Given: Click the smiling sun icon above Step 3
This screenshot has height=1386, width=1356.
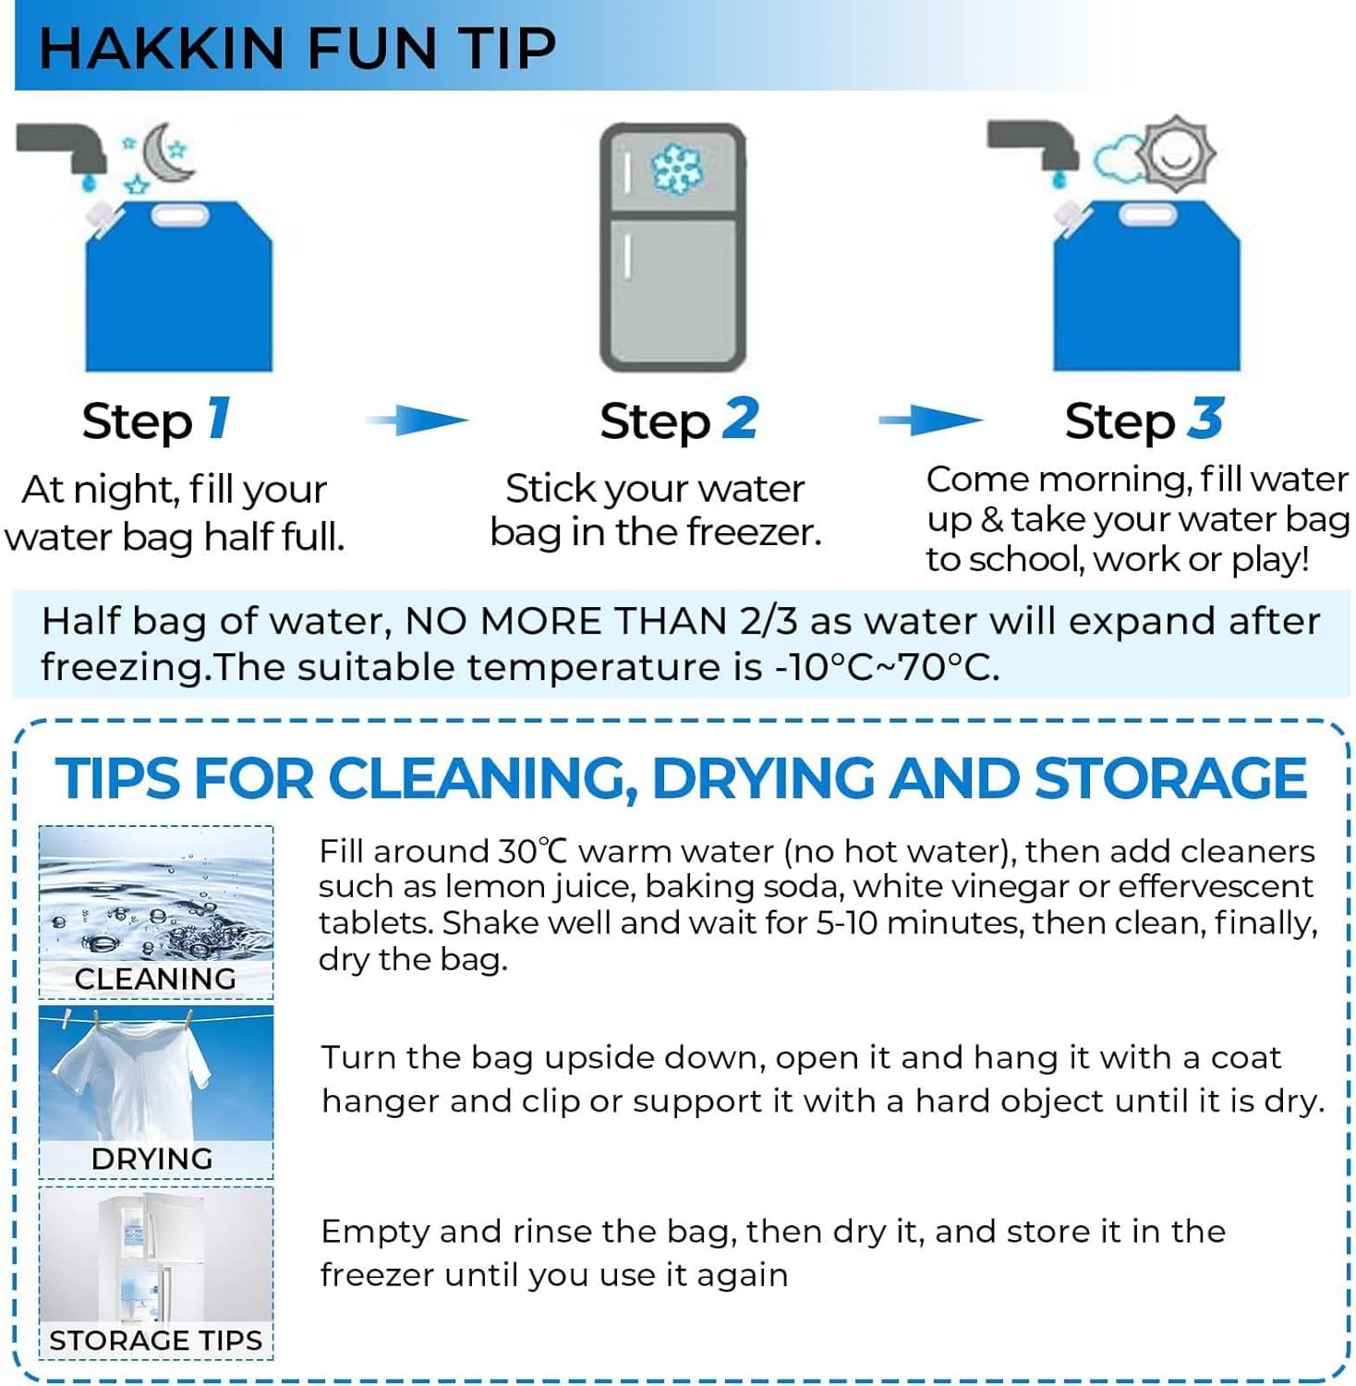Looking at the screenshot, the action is click(1176, 153).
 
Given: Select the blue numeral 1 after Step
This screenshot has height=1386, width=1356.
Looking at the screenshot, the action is click(219, 419).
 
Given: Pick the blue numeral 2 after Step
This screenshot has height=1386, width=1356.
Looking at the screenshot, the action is click(740, 419).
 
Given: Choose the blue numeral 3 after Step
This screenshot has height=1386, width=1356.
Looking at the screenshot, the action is click(1205, 419).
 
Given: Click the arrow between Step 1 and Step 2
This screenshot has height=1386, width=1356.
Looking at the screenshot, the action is click(418, 420).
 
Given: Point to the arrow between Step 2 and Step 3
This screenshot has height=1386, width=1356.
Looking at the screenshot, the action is click(931, 420).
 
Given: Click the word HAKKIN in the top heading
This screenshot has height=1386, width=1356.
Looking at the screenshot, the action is click(162, 48).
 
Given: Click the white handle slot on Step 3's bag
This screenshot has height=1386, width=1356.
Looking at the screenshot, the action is click(1149, 215).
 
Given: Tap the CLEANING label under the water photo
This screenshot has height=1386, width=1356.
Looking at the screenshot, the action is click(155, 979).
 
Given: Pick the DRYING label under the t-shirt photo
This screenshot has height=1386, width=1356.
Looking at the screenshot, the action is click(152, 1159).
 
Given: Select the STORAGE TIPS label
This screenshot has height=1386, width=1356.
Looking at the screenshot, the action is click(156, 1341).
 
